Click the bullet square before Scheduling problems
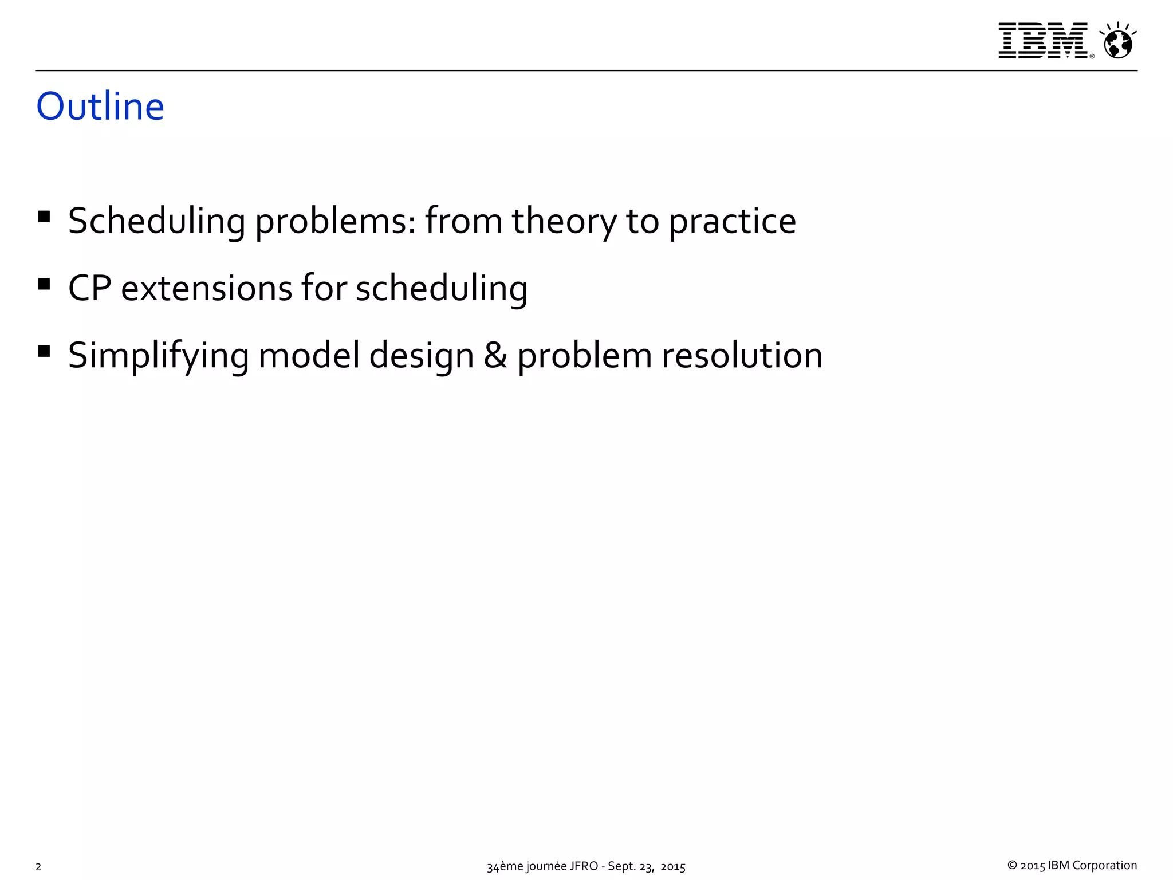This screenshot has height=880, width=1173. pyautogui.click(x=44, y=217)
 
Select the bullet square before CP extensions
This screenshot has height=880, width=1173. pyautogui.click(x=44, y=284)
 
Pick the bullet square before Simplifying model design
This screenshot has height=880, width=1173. pyautogui.click(x=44, y=351)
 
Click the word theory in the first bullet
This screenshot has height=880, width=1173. pyautogui.click(x=564, y=222)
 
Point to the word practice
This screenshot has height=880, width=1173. pyautogui.click(x=732, y=222)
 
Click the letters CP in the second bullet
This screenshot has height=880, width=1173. pyautogui.click(x=89, y=288)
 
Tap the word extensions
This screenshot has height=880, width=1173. pyautogui.click(x=206, y=288)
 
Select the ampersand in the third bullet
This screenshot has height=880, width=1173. pyautogui.click(x=495, y=355)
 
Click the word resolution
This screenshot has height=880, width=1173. pyautogui.click(x=742, y=355)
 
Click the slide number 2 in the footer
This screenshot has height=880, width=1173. pyautogui.click(x=38, y=866)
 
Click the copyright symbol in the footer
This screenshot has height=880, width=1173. pyautogui.click(x=1012, y=866)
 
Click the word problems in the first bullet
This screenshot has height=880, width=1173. pyautogui.click(x=334, y=222)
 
